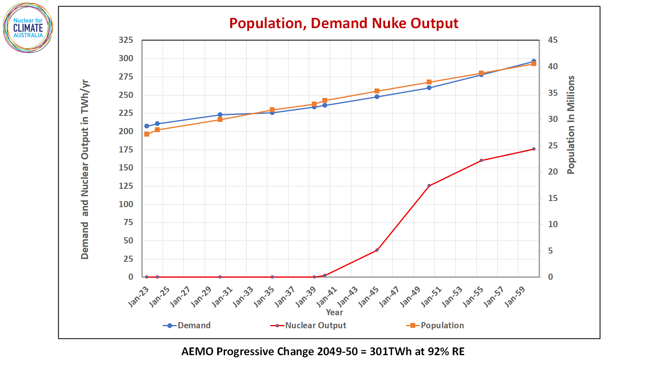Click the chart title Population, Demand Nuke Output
click(344, 23)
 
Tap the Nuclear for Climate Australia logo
click(28, 28)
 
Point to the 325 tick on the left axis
click(126, 40)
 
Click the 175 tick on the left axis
click(126, 150)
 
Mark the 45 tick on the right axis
click(553, 40)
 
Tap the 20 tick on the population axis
click(553, 172)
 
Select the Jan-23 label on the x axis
click(139, 296)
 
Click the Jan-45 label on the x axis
click(368, 296)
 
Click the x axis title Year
click(334, 312)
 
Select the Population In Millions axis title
click(571, 125)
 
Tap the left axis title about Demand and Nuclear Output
click(85, 169)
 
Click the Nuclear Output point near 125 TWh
click(429, 186)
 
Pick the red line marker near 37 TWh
click(377, 250)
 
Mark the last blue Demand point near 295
click(534, 61)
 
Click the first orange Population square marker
click(147, 134)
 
